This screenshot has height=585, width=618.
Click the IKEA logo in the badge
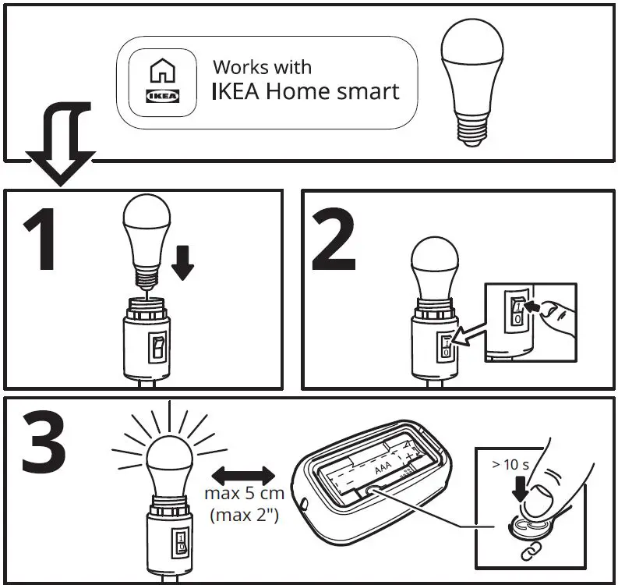click(162, 97)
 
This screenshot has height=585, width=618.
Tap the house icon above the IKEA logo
click(162, 73)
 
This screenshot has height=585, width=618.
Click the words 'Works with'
click(263, 68)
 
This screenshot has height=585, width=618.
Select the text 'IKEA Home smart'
click(305, 91)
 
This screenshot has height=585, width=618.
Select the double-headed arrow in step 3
click(244, 474)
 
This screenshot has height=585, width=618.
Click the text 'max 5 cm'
click(244, 494)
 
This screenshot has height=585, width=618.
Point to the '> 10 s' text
click(510, 465)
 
